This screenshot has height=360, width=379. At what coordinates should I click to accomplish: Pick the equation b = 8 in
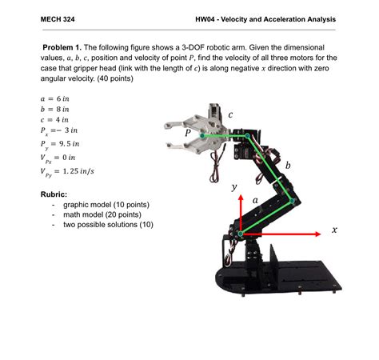tap(55, 110)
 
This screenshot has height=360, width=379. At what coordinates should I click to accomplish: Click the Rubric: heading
tap(54, 194)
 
